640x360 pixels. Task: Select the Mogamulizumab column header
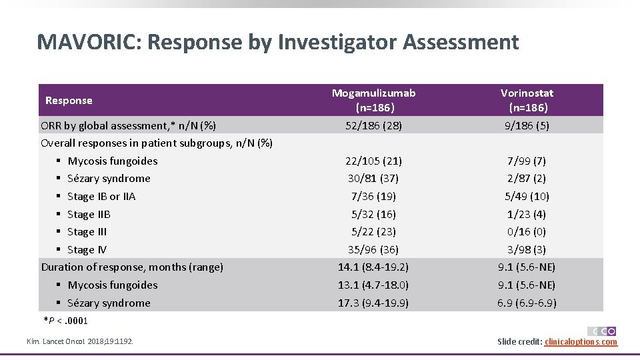coord(373,100)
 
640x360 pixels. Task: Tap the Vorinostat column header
coord(527,100)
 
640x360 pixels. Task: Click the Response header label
coord(69,101)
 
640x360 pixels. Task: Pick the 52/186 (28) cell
coord(373,125)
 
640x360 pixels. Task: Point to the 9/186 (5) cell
coord(527,125)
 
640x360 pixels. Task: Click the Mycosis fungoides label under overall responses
coord(112,161)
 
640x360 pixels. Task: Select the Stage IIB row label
coord(89,214)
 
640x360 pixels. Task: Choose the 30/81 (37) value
coord(373,178)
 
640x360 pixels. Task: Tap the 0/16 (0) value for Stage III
coord(527,231)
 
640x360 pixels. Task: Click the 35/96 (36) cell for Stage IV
coord(373,249)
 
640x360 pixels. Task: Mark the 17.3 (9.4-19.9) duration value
coord(373,303)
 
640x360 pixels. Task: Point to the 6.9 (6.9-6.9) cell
coord(527,303)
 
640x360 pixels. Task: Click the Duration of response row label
coord(132,267)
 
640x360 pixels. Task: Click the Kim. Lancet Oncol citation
coord(79,341)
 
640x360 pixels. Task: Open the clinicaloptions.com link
coord(581,342)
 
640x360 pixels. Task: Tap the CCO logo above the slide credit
coord(601,331)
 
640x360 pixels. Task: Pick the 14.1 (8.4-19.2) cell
coord(373,267)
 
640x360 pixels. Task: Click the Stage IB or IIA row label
coord(101,196)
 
